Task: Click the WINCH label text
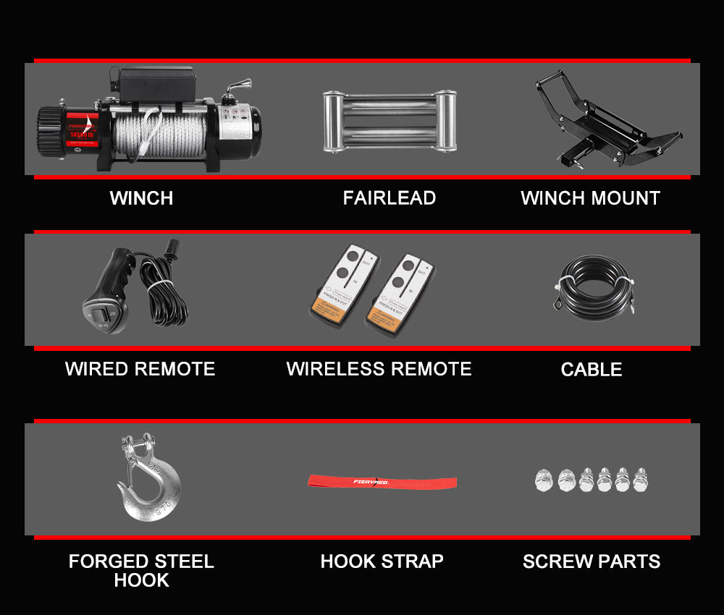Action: [x=141, y=198]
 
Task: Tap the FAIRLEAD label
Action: [x=390, y=198]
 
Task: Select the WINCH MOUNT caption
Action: [x=590, y=198]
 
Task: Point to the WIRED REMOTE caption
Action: [x=140, y=369]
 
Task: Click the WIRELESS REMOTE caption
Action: [x=379, y=369]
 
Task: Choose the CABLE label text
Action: [x=591, y=370]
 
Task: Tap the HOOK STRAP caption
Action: [x=382, y=561]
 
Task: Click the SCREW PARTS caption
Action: [x=591, y=561]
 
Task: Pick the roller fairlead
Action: [x=390, y=121]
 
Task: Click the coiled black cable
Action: [x=594, y=287]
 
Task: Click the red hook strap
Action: [x=382, y=481]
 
